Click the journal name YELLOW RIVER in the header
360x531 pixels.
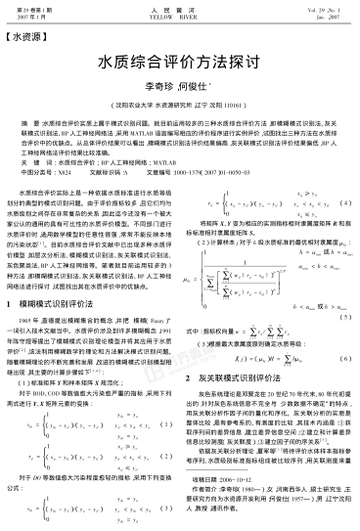tap(180, 15)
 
